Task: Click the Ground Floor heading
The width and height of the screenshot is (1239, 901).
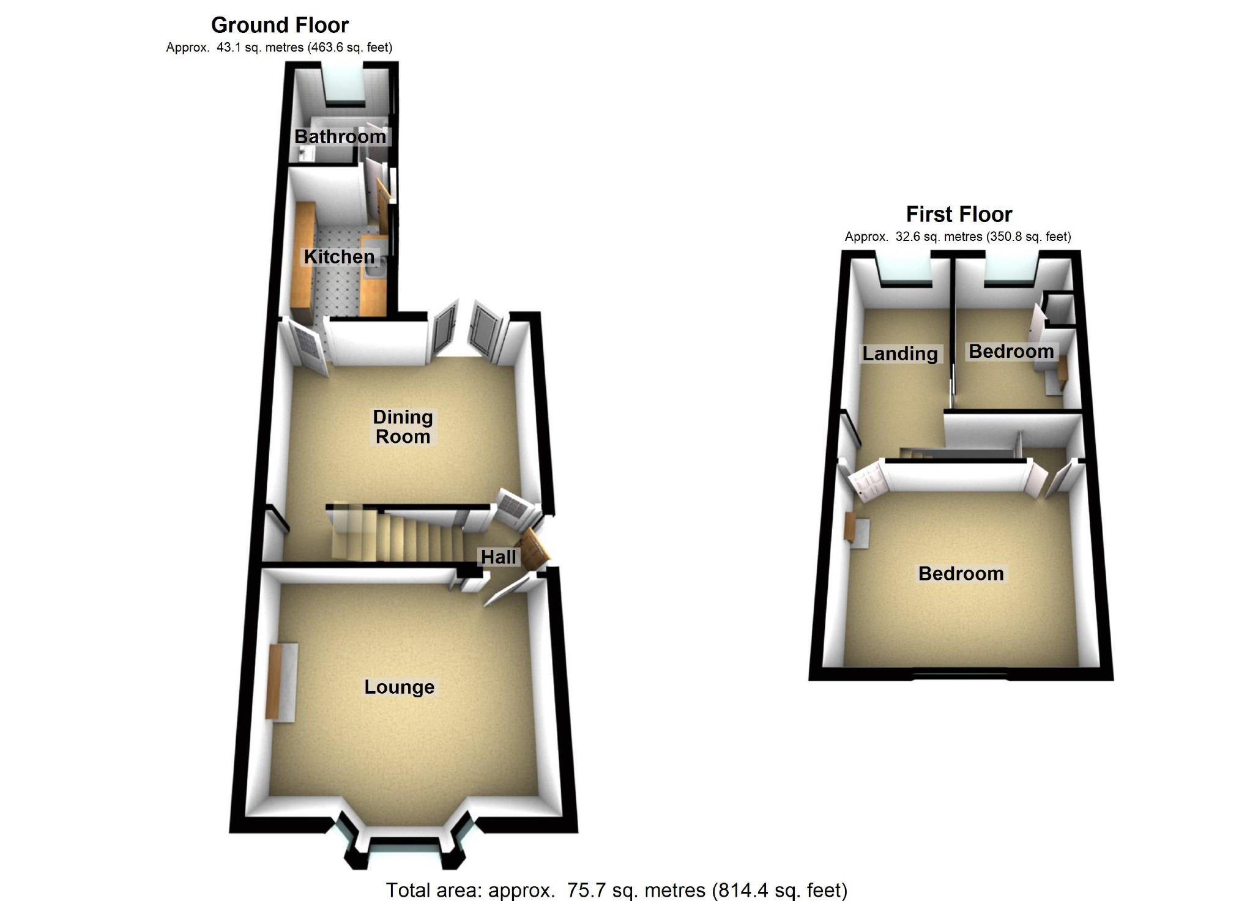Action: (x=280, y=25)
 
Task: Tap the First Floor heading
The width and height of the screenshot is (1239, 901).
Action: (x=959, y=214)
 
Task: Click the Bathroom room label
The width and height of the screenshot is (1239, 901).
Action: (x=340, y=136)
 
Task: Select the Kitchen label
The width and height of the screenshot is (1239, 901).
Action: (x=339, y=256)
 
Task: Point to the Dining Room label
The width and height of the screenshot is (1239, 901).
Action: (x=403, y=426)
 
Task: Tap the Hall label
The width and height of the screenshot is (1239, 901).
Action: (x=499, y=557)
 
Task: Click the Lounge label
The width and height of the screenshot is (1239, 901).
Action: (x=399, y=687)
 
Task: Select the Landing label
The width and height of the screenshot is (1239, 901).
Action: (x=900, y=354)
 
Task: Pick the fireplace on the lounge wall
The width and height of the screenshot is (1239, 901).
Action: (x=282, y=682)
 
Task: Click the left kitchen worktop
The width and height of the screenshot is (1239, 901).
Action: (x=304, y=263)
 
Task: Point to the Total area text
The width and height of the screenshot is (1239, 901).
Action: (x=617, y=889)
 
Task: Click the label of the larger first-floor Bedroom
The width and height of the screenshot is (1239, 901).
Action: (x=961, y=573)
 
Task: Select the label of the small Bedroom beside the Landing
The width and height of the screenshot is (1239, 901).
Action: (x=1011, y=351)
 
